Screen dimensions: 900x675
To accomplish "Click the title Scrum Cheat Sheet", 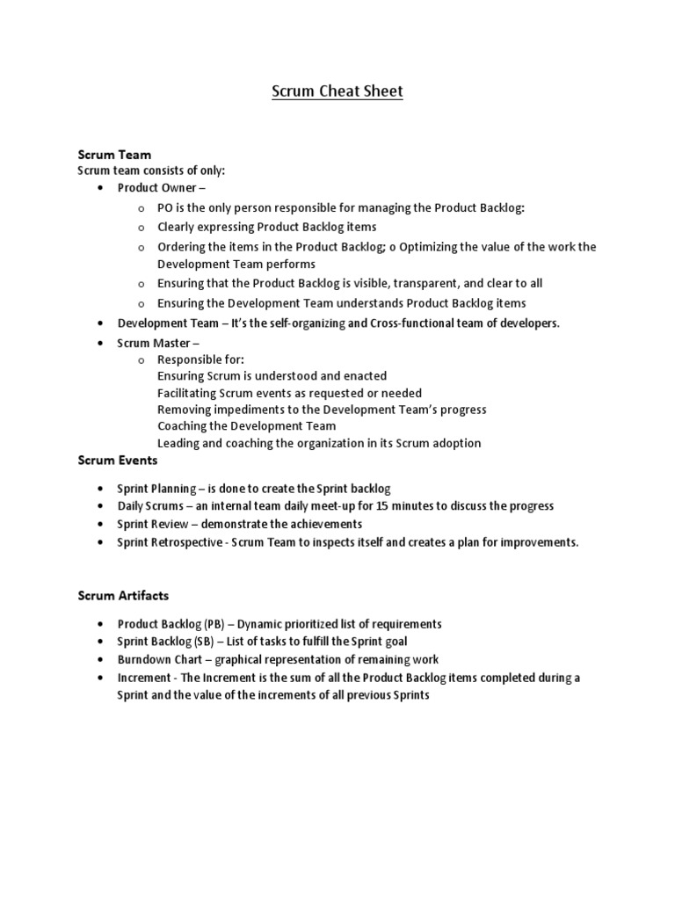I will tap(337, 91).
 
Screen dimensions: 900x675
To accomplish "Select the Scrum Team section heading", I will tap(114, 155).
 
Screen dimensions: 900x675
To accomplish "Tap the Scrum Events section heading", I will tap(118, 460).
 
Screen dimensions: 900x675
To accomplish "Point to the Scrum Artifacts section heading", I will tap(124, 596).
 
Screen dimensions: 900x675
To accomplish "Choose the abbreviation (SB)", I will tap(209, 642).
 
